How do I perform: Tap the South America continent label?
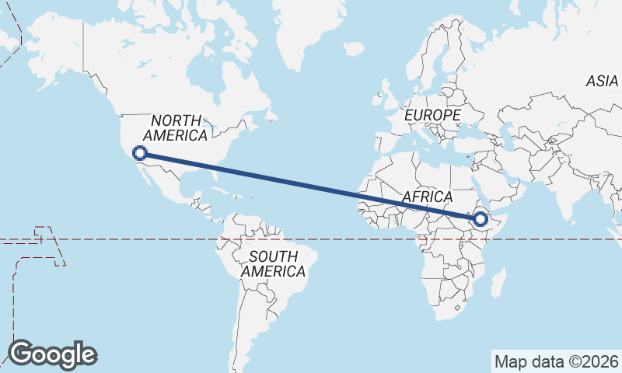click(273, 264)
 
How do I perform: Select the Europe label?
click(433, 115)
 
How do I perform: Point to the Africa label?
click(427, 197)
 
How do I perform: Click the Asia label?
click(603, 81)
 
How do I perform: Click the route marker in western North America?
click(140, 153)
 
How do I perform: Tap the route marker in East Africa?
click(480, 220)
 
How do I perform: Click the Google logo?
click(53, 354)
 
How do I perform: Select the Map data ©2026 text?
click(556, 361)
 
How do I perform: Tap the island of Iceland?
click(354, 48)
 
